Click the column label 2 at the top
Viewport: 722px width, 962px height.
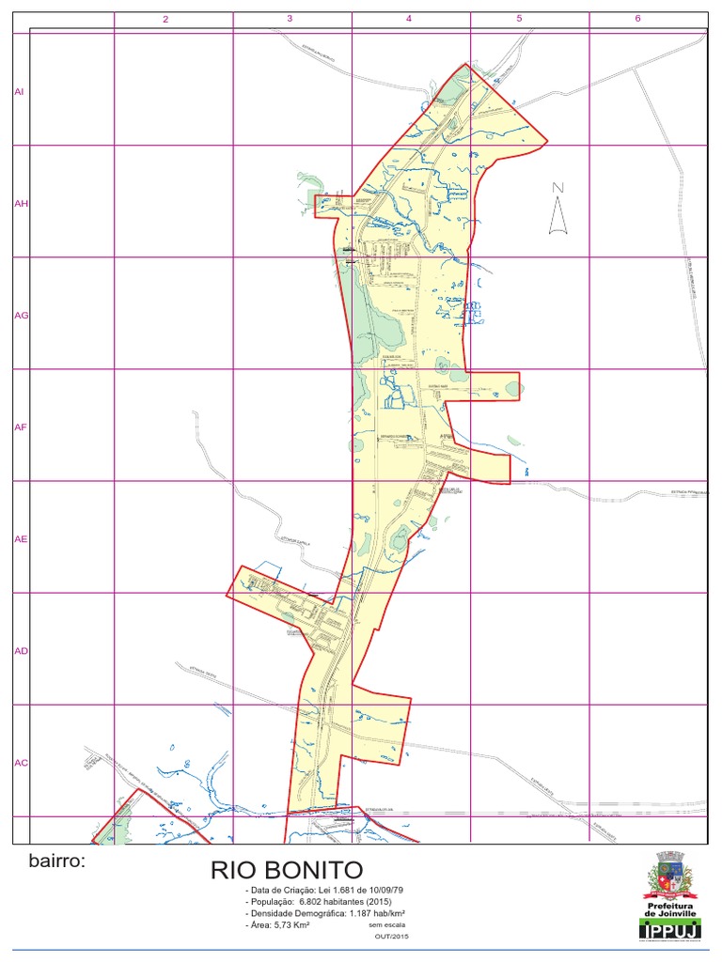[x=165, y=19]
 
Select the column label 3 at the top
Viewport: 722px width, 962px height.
[x=290, y=19]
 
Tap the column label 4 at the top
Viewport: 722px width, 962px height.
[x=409, y=19]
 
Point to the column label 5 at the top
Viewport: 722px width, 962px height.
[x=519, y=19]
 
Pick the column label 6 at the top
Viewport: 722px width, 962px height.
[x=637, y=19]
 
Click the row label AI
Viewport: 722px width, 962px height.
[x=18, y=91]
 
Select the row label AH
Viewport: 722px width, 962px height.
[x=19, y=203]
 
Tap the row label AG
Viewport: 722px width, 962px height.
[x=21, y=316]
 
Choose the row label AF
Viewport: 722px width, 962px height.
[x=19, y=427]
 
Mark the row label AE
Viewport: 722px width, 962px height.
[x=20, y=539]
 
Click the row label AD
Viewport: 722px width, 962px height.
[x=21, y=651]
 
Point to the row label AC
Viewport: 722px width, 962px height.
[x=21, y=763]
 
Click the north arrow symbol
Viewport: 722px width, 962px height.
[x=558, y=209]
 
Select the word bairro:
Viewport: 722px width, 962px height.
[x=56, y=861]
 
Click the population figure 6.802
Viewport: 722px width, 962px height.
[x=312, y=902]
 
